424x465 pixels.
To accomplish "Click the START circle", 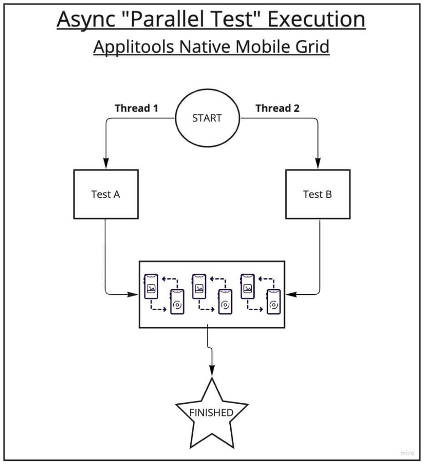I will (x=207, y=118).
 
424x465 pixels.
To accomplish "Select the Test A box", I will (x=106, y=194).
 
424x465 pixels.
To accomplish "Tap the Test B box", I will (x=318, y=194).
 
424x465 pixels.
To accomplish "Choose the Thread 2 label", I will (x=278, y=108).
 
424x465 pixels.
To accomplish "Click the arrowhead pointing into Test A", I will (x=106, y=163).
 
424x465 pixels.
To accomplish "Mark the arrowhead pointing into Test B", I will (x=318, y=163).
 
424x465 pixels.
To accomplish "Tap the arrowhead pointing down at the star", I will (x=212, y=372).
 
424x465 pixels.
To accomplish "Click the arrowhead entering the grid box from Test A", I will (x=135, y=294).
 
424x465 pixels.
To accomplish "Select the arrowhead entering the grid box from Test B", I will (x=289, y=294).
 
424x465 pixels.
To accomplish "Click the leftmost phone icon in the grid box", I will (x=151, y=287).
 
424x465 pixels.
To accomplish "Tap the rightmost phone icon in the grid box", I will (x=273, y=302).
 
